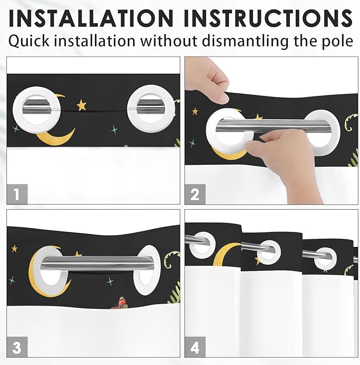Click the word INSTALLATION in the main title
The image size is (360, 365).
pyautogui.click(x=91, y=18)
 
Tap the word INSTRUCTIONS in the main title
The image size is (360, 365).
pyautogui.click(x=268, y=18)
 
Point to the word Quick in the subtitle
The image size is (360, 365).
pyautogui.click(x=29, y=41)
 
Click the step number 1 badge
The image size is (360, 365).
pyautogui.click(x=17, y=194)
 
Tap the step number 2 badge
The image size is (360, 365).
pyautogui.click(x=195, y=194)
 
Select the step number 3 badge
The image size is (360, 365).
pyautogui.click(x=17, y=347)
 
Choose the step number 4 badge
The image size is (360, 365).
pyautogui.click(x=195, y=347)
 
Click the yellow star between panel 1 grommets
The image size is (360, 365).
pyautogui.click(x=82, y=105)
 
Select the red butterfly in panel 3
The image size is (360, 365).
pyautogui.click(x=121, y=302)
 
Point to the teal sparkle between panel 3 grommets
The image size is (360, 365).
pyautogui.click(x=110, y=281)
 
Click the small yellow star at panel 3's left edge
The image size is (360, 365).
pyautogui.click(x=14, y=248)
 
